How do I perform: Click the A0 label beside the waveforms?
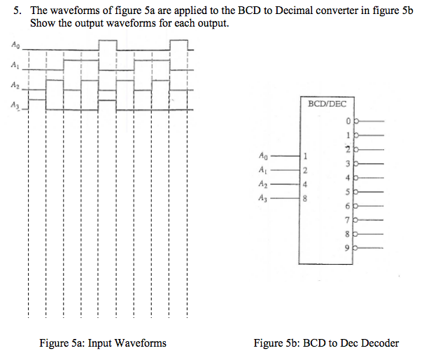15,46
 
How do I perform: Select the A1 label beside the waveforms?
15,66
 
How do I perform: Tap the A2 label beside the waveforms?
15,86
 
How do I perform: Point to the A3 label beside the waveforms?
15,106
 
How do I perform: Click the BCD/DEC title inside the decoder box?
326,104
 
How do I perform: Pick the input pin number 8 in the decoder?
304,198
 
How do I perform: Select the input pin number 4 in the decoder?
304,184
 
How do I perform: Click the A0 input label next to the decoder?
262,155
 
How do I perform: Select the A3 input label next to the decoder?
262,199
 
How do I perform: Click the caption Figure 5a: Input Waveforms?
103,342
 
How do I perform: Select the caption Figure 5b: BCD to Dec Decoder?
326,342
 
